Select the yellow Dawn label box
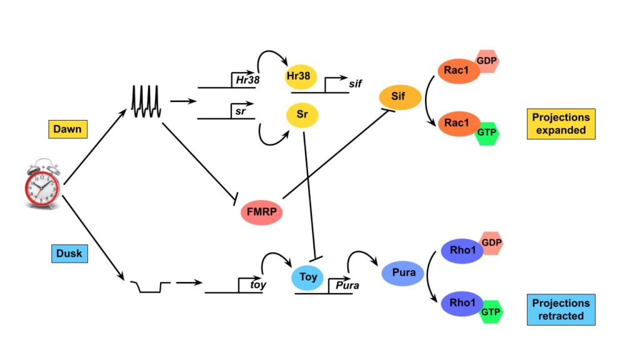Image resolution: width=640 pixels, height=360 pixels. (x=67, y=129)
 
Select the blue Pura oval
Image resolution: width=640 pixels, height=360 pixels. (x=404, y=273)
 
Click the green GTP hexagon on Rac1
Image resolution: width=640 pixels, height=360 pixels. (x=487, y=133)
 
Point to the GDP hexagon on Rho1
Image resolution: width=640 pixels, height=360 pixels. (x=491, y=242)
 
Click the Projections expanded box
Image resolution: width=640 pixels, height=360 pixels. (x=560, y=124)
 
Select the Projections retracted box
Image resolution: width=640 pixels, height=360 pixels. (x=560, y=309)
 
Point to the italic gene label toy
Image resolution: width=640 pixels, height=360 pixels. (x=258, y=285)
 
